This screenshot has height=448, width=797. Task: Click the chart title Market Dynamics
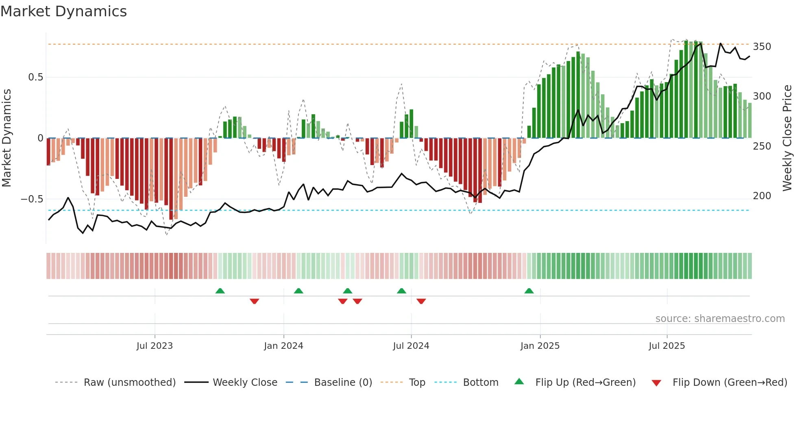tap(63, 11)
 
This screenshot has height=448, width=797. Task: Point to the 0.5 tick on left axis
tap(35, 77)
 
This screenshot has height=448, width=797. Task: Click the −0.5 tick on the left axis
tap(32, 199)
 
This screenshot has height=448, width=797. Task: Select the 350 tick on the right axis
tap(762, 47)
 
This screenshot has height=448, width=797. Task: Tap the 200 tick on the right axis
tap(762, 196)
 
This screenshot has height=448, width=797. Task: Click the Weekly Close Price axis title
tap(787, 138)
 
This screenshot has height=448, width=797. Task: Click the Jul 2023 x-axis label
tap(155, 346)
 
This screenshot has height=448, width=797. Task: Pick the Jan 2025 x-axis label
tap(540, 346)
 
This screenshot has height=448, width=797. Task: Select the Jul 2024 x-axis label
tap(411, 346)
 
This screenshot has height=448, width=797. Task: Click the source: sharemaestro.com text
tap(720, 319)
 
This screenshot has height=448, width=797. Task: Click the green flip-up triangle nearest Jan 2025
tap(529, 291)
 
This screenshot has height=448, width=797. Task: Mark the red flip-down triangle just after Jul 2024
tap(421, 301)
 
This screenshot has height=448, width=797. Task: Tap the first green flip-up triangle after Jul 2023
tap(220, 291)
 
